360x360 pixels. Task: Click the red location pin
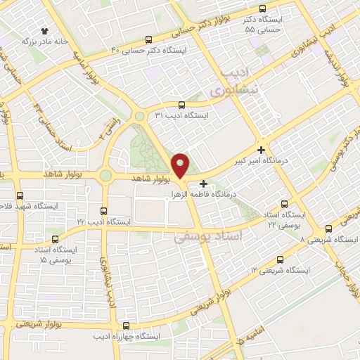[181, 165]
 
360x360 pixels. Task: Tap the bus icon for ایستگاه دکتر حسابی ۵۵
[263, 9]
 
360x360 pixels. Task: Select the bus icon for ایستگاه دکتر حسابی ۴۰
[148, 40]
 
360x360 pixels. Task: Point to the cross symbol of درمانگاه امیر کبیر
[262, 150]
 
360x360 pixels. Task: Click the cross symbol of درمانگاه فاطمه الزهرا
[204, 184]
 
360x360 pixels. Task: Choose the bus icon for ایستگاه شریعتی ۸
[328, 229]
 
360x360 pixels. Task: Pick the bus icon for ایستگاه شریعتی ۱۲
[280, 259]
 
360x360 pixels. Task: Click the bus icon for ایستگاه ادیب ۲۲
[104, 210]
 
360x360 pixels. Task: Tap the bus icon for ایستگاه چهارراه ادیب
[126, 326]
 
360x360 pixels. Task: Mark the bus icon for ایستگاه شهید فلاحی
[19, 195]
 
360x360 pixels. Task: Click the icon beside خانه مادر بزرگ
[46, 30]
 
